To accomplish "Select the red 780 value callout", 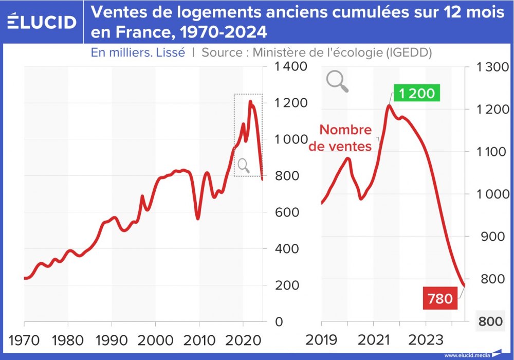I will [440, 298].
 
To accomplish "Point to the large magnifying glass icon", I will [337, 81].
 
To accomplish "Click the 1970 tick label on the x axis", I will [24, 341].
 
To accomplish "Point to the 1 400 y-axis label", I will [291, 66].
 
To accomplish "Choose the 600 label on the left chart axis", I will [291, 212].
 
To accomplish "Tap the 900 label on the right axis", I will [491, 237].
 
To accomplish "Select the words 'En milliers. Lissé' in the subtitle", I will [138, 52].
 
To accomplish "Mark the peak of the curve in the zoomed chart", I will [389, 106].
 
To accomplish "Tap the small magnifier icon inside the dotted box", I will [243, 165].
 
